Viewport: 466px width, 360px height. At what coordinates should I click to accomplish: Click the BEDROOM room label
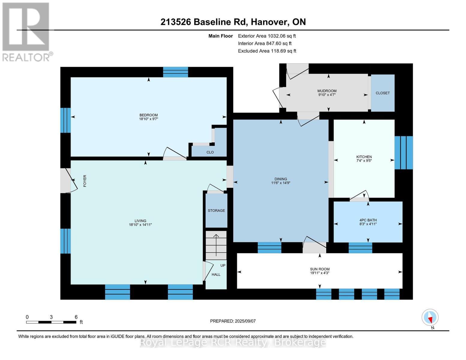pos(149,115)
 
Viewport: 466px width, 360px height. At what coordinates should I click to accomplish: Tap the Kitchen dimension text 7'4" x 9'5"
pos(364,161)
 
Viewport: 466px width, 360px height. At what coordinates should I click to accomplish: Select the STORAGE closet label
pos(216,211)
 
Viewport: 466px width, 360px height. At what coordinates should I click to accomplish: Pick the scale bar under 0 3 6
pos(51,322)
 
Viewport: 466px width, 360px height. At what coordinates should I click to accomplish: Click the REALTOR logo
pos(26,31)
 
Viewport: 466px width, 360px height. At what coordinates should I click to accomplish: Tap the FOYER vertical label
pos(85,181)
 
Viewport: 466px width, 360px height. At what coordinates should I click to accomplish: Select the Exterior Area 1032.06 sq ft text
pos(267,36)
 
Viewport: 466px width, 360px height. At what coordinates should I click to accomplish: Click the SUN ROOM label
pos(320,269)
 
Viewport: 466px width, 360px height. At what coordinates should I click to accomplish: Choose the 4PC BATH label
pos(368,220)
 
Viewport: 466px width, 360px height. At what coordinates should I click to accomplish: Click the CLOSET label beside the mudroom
pos(383,93)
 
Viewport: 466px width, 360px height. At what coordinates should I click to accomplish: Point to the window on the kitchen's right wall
pos(403,152)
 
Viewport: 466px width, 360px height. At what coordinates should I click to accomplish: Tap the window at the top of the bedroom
pos(176,72)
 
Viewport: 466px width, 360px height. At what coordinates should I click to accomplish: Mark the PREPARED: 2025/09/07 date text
pos(233,321)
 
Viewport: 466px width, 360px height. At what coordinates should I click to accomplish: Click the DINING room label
pos(281,179)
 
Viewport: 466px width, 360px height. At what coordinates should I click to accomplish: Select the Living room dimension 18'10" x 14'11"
pos(140,225)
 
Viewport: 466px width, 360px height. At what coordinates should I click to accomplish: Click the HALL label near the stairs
pos(216,274)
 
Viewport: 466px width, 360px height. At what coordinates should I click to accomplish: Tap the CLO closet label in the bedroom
pos(210,152)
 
